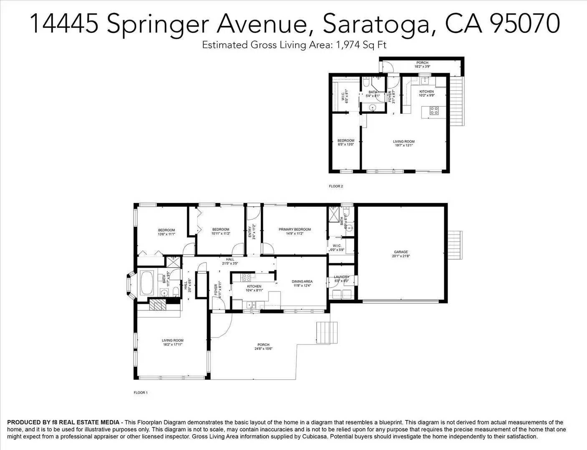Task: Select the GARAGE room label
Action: coord(401,252)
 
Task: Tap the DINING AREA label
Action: coord(302,281)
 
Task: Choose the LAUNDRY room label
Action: coord(342,277)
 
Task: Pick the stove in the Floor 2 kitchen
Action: coord(434,111)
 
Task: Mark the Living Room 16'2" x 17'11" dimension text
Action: coord(172,345)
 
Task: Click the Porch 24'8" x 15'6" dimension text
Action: coord(263,349)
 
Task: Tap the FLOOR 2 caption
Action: coord(336,186)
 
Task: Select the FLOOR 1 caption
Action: coord(141,392)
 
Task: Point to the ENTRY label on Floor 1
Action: coord(250,232)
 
